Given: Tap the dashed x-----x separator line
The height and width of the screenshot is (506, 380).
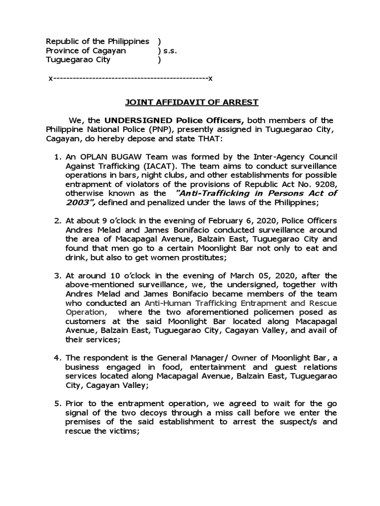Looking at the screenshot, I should pos(130,78).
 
